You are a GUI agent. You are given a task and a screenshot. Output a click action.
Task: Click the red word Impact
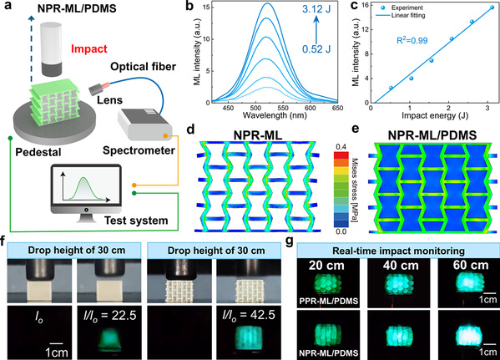[89, 48]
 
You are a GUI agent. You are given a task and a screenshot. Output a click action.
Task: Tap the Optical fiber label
[144, 66]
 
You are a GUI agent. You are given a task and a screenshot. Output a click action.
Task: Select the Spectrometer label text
[139, 150]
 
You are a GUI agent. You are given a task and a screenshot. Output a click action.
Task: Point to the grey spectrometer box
[144, 124]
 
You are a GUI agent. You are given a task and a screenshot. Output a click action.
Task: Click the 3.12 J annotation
[316, 9]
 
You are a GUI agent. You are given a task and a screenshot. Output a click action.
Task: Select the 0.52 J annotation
[316, 48]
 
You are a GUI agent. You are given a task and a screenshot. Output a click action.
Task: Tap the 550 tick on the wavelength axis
[283, 108]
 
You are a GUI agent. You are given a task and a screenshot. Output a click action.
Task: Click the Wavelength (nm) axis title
[275, 115]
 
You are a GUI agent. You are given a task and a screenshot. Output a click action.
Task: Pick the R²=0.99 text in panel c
[412, 40]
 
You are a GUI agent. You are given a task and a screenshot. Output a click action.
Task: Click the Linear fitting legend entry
[408, 15]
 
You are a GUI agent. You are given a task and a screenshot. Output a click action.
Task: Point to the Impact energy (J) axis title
[435, 115]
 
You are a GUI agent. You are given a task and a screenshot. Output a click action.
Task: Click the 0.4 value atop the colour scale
[341, 147]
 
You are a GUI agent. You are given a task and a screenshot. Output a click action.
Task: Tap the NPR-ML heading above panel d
[258, 135]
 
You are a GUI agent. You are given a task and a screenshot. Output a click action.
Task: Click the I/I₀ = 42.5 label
[249, 316]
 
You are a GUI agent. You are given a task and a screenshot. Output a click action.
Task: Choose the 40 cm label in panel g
[401, 266]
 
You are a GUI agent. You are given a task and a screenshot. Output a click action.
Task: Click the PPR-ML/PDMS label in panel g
[328, 301]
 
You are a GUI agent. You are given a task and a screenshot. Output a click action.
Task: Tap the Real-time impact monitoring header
[398, 251]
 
